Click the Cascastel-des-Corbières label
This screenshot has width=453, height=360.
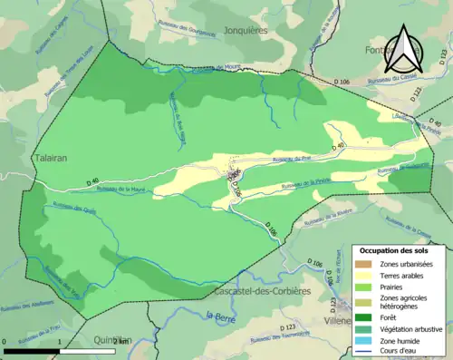point(262,291)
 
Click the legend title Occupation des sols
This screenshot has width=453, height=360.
point(394,249)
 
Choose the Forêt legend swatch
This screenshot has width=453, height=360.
point(364,317)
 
